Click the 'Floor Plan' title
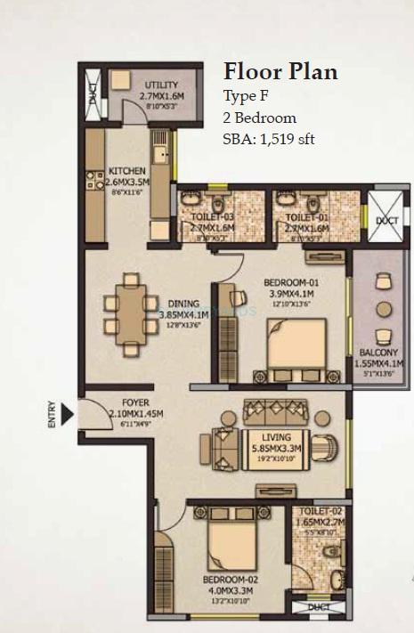tap(280, 71)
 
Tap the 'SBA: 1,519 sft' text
tap(268, 139)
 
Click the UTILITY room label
tap(160, 85)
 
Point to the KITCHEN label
tap(126, 171)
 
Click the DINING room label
tap(183, 303)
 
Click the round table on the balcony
tap(384, 309)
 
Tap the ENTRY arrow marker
tap(65, 414)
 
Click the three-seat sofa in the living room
tap(278, 411)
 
